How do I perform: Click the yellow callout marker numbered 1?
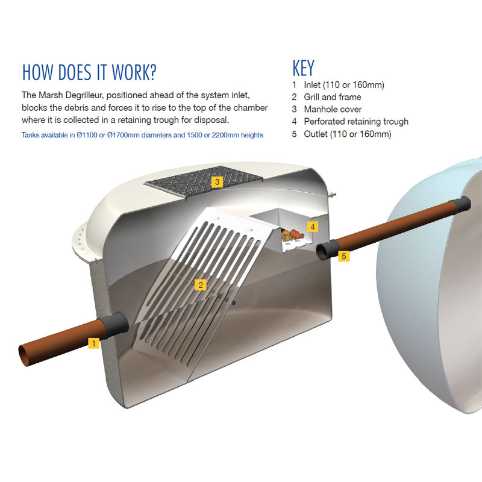coord(93,343)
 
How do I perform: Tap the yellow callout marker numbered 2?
coord(201,285)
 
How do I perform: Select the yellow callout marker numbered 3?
coord(217,182)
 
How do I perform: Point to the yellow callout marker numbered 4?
coord(312,227)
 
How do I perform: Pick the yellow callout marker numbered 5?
coord(343,255)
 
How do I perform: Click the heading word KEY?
coord(304,68)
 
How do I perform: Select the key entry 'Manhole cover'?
coord(333,109)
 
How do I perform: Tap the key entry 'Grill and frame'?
coord(333,97)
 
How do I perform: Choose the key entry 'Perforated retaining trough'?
coord(356,122)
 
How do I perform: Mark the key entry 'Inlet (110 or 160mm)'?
coord(344,84)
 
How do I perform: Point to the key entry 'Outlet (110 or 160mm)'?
coord(348,134)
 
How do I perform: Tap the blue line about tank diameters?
coord(142,135)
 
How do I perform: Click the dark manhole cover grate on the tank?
coord(204,182)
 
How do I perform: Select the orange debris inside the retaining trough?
coord(297,234)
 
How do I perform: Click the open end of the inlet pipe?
coord(25,355)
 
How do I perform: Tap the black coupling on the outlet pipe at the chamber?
coord(327,250)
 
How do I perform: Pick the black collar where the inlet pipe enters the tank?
coord(117,325)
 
